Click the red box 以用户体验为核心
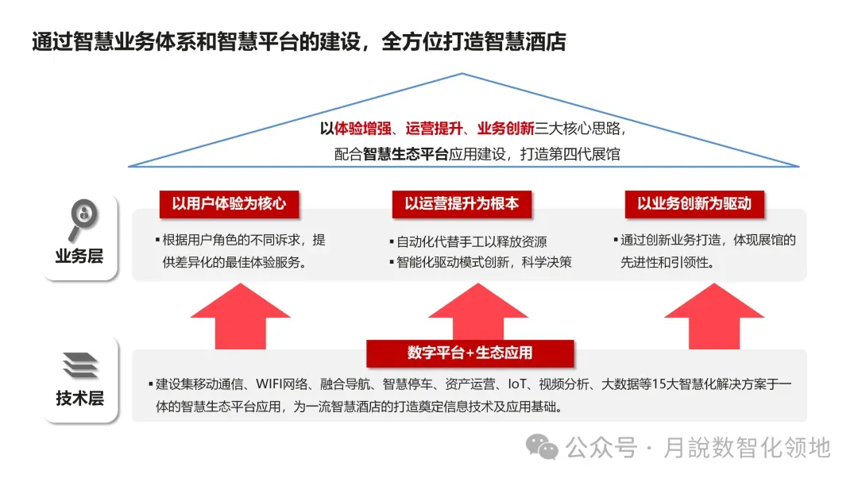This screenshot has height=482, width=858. [x=228, y=204]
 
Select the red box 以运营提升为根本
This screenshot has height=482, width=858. [x=462, y=204]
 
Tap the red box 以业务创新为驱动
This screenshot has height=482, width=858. [x=694, y=204]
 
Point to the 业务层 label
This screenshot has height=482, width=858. [x=79, y=256]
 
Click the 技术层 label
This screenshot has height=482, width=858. [x=79, y=398]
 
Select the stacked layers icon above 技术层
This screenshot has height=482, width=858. [x=80, y=365]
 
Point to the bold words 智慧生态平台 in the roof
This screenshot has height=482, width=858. [x=406, y=154]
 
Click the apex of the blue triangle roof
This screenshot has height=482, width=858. [x=462, y=74]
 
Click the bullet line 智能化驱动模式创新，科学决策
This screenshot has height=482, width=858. [x=480, y=262]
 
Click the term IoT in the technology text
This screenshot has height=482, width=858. [x=519, y=384]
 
